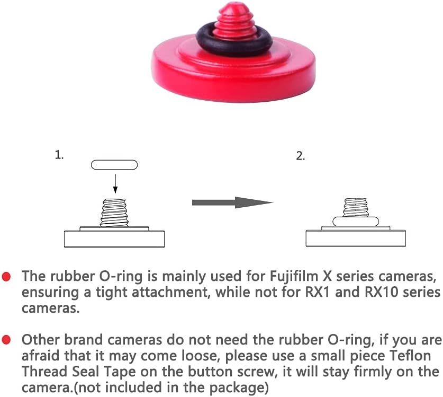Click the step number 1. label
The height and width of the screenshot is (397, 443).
tap(59, 155)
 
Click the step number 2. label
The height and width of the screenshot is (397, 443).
tap(301, 156)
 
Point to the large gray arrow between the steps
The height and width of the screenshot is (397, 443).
tap(232, 202)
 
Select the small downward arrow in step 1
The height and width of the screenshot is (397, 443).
tap(115, 183)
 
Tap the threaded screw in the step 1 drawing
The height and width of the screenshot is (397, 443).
tap(114, 213)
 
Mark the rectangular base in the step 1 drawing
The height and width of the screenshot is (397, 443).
tap(114, 239)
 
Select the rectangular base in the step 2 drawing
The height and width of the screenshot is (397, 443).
tap(356, 239)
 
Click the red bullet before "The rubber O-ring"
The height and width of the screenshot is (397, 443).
tap(6, 277)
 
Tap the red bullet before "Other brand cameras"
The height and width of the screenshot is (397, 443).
tap(6, 340)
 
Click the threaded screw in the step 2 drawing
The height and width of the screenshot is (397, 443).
tap(356, 207)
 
